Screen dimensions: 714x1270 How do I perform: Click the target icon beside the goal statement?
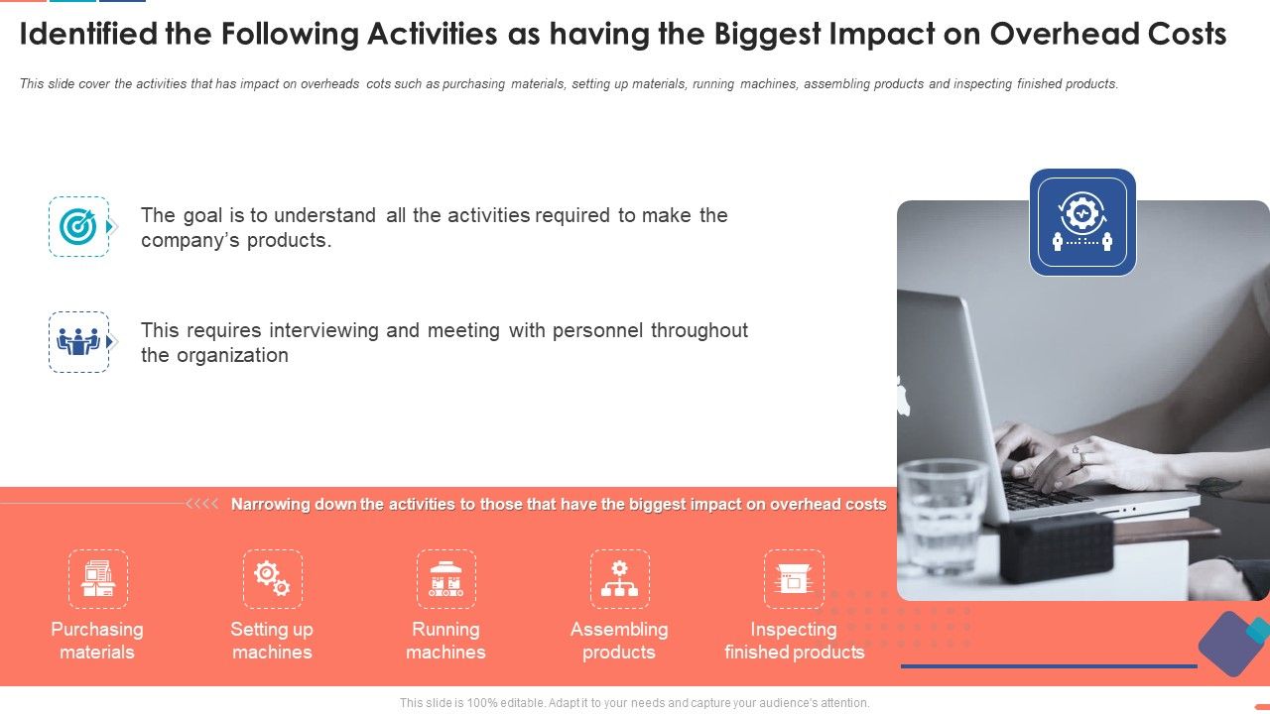click(78, 227)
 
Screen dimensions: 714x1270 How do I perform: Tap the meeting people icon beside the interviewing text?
click(78, 342)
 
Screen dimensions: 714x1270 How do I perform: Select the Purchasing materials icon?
click(98, 579)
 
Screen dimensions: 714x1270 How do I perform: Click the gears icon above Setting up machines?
click(272, 579)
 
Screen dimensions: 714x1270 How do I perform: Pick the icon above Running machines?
click(445, 579)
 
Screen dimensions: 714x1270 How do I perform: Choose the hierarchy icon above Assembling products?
click(619, 579)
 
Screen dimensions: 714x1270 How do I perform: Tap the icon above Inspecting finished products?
click(794, 579)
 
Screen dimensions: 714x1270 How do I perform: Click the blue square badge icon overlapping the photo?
click(1082, 222)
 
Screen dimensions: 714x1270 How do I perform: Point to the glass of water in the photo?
click(942, 516)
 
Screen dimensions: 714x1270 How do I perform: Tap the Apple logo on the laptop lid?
click(903, 396)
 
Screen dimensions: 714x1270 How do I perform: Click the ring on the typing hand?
click(1080, 459)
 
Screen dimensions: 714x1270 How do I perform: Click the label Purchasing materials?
click(97, 641)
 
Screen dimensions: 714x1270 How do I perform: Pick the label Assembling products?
click(619, 641)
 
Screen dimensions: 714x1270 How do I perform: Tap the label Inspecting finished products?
click(794, 641)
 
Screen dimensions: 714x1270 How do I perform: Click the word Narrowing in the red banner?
click(271, 504)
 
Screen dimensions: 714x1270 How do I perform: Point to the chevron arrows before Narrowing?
click(202, 504)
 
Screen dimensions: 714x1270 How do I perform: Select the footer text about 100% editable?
click(634, 703)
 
